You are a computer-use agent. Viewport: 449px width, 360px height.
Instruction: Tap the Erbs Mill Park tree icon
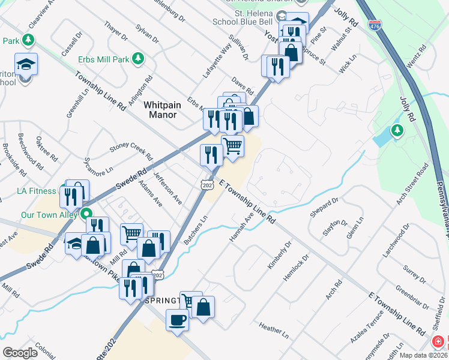pos(139,58)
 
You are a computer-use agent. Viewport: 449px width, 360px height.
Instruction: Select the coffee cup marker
pos(177,320)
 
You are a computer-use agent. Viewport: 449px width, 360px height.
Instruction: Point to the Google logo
pos(20,353)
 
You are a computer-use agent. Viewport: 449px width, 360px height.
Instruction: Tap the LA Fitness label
pos(40,191)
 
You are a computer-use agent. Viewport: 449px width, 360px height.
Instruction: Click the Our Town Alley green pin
pos(86,213)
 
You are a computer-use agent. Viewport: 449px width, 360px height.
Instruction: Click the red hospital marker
pos(439,341)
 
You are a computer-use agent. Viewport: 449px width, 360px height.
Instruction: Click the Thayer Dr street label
pos(116,30)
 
